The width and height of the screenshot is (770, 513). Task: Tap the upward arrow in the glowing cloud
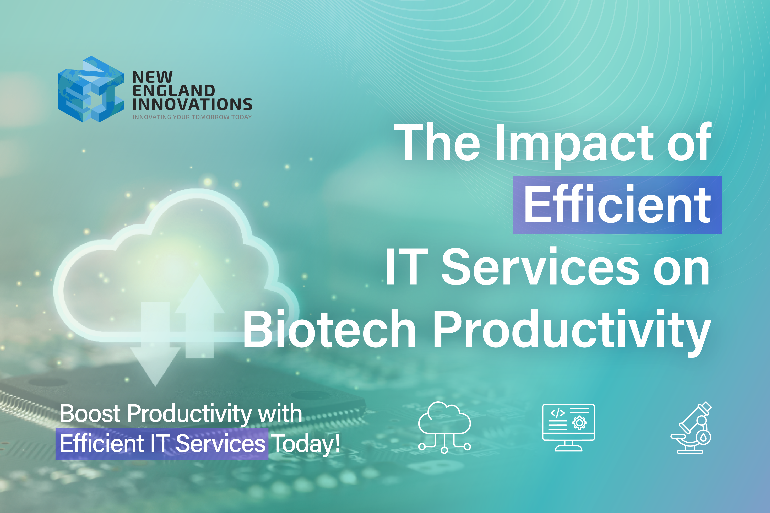point(199,311)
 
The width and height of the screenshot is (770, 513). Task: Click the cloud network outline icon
point(444,427)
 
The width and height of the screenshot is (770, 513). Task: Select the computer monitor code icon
point(568,427)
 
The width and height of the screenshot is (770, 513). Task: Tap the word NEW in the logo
point(152,77)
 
